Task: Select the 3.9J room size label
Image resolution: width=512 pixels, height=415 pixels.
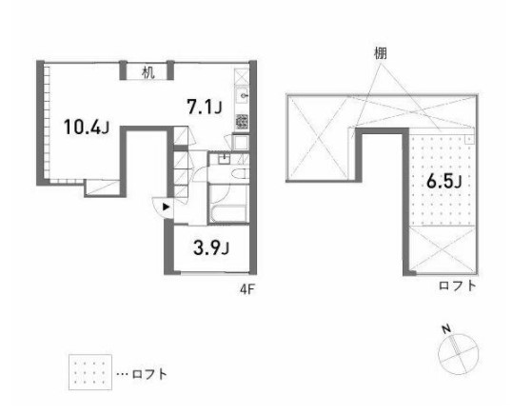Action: (212, 249)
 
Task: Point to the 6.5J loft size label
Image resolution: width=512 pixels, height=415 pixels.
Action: (443, 181)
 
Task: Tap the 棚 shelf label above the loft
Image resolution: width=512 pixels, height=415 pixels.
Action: (381, 53)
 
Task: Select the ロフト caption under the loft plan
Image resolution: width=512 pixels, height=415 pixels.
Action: (456, 285)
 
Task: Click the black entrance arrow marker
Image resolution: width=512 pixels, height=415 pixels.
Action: (167, 206)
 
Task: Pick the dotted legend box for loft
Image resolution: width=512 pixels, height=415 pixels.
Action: (89, 372)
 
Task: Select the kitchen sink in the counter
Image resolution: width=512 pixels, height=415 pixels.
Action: (243, 96)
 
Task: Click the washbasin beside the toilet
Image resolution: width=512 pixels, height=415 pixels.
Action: (224, 160)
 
